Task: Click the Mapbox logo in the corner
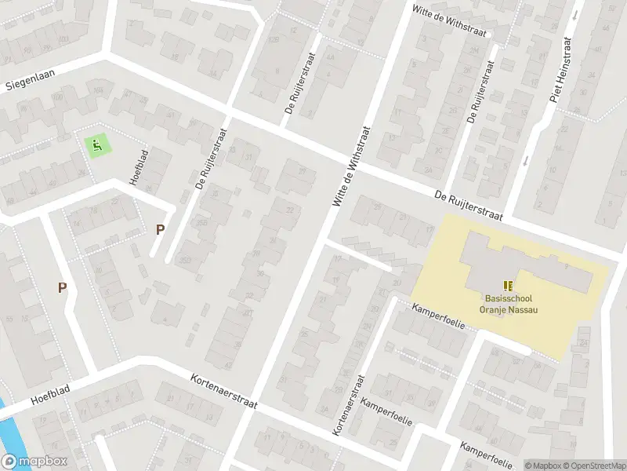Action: [33, 462]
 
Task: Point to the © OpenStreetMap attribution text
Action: [593, 465]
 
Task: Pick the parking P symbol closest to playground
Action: [160, 229]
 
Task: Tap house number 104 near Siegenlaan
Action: [98, 90]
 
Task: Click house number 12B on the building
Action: [274, 40]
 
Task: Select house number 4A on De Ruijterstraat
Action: [330, 57]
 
